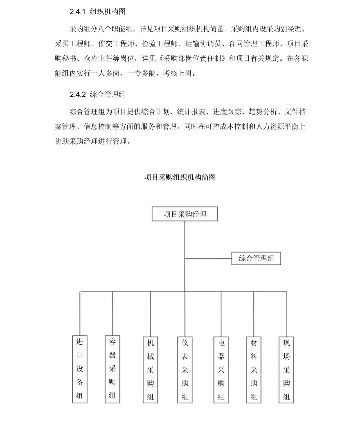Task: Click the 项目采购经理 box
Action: click(x=185, y=214)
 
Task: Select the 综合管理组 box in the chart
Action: click(x=256, y=258)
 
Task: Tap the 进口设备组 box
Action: click(x=80, y=369)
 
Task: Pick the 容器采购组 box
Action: click(x=112, y=369)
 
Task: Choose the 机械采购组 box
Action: click(x=150, y=369)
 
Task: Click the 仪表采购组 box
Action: click(x=185, y=369)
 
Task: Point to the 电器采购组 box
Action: click(x=221, y=369)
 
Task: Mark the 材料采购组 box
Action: click(x=254, y=369)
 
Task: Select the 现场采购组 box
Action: click(x=286, y=369)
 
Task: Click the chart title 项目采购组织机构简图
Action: click(x=180, y=177)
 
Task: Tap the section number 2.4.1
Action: click(x=78, y=12)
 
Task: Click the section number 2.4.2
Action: click(x=78, y=94)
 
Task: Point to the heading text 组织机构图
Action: click(x=108, y=12)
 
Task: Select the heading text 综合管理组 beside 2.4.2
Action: click(x=108, y=94)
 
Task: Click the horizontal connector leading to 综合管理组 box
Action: click(x=208, y=258)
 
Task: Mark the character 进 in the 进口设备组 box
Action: click(x=80, y=342)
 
